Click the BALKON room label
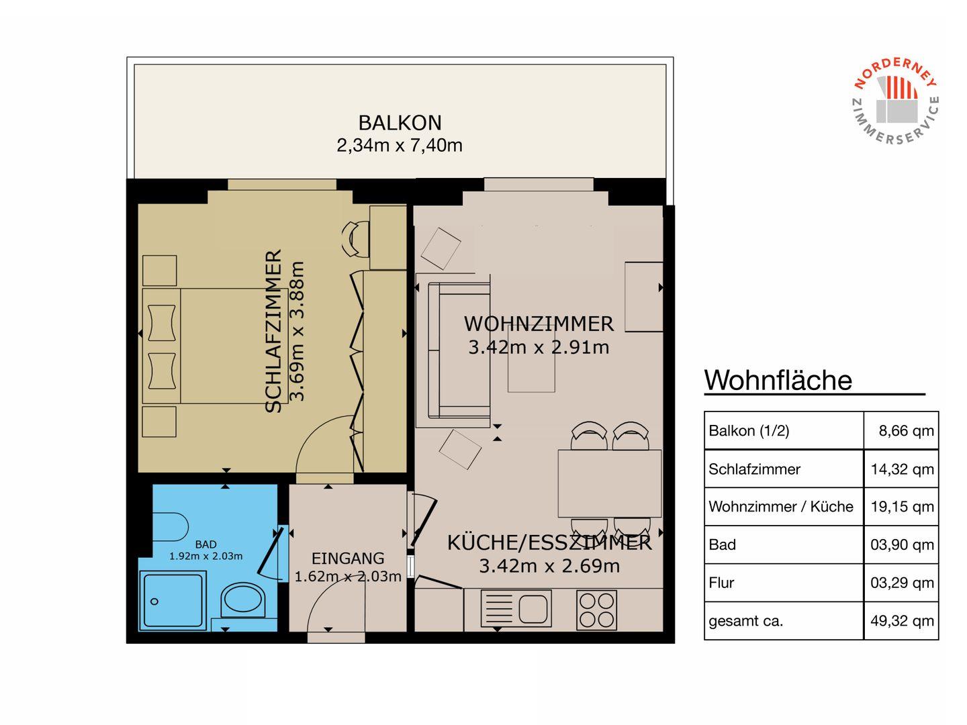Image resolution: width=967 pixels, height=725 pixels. pyautogui.click(x=400, y=123)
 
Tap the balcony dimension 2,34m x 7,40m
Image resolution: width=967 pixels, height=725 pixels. pyautogui.click(x=400, y=145)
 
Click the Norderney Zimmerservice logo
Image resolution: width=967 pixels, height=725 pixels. pyautogui.click(x=896, y=101)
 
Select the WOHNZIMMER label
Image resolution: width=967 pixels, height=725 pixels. pyautogui.click(x=539, y=324)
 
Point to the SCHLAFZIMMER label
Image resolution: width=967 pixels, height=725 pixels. pyautogui.click(x=273, y=331)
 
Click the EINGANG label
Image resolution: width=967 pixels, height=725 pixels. pyautogui.click(x=348, y=558)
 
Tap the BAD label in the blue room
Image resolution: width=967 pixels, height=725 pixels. pyautogui.click(x=205, y=544)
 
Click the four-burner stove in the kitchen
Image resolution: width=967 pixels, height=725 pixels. pyautogui.click(x=596, y=610)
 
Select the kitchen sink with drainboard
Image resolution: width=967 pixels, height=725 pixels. pyautogui.click(x=516, y=608)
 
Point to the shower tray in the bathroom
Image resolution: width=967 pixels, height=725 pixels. pyautogui.click(x=173, y=600)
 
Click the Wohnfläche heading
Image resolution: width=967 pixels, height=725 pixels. pyautogui.click(x=778, y=380)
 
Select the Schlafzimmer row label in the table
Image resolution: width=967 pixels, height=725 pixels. pyautogui.click(x=754, y=469)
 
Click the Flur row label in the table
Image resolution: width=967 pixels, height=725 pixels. pyautogui.click(x=721, y=583)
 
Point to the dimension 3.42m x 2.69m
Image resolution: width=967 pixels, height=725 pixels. pyautogui.click(x=549, y=566)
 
